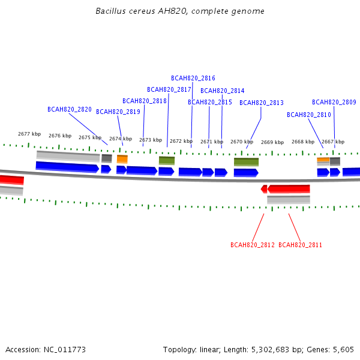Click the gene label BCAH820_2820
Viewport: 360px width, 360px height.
tap(70, 109)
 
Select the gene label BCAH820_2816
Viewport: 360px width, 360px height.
tap(193, 78)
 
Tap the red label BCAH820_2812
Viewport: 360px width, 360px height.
tap(253, 245)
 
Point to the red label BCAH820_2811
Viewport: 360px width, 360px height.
tap(300, 245)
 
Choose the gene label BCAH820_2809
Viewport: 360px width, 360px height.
tap(334, 102)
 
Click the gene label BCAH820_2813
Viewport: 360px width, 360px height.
tap(262, 103)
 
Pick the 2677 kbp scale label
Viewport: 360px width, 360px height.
tap(29, 134)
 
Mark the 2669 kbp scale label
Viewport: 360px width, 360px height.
tap(272, 142)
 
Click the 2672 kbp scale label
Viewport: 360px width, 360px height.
tap(181, 141)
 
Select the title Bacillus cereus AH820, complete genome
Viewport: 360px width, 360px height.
tap(180, 11)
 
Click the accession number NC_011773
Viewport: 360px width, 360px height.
tap(65, 350)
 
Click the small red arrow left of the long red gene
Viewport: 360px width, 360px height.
tap(264, 189)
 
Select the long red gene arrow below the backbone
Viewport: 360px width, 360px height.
tap(289, 189)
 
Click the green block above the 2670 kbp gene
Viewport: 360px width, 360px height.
tap(247, 162)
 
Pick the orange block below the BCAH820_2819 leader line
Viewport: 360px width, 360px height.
tap(122, 159)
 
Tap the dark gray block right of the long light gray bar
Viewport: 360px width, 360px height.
tap(107, 158)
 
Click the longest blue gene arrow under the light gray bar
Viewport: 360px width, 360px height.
tap(67, 167)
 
